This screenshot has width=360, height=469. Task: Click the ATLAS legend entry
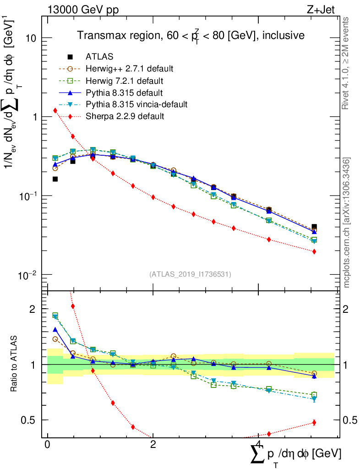[x=99, y=57]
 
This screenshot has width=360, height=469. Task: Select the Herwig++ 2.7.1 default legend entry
[x=129, y=69]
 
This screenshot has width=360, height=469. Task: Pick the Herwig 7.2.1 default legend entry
[x=125, y=81]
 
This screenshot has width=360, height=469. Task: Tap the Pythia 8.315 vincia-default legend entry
[x=136, y=104]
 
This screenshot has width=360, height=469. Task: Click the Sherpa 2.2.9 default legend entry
[x=125, y=116]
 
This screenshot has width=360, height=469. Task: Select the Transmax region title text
[x=191, y=36]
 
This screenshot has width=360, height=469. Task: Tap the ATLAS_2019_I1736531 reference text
[x=190, y=274]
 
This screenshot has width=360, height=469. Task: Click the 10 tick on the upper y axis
[x=32, y=38]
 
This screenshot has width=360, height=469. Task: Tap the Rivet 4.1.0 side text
[x=347, y=64]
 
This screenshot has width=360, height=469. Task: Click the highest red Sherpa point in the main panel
[x=55, y=110]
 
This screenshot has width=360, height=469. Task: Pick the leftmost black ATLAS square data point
[x=55, y=179]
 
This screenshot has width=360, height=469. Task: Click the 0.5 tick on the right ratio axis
[x=349, y=420]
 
